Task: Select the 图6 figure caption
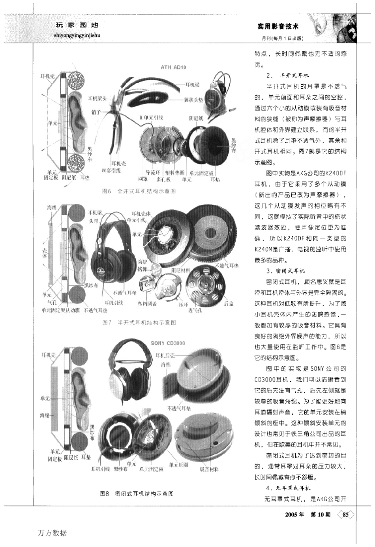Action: click(139, 191)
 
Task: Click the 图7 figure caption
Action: click(139, 322)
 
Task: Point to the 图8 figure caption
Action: click(137, 493)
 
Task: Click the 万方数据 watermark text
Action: click(52, 533)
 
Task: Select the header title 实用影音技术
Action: click(278, 26)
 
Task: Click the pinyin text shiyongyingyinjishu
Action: click(77, 35)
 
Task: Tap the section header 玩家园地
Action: click(77, 25)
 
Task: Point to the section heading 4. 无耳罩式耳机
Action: click(288, 488)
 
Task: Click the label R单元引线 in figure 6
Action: click(151, 117)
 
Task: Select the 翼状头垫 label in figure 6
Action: click(193, 100)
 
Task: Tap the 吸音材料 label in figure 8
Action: click(209, 469)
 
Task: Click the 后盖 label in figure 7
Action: click(229, 304)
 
